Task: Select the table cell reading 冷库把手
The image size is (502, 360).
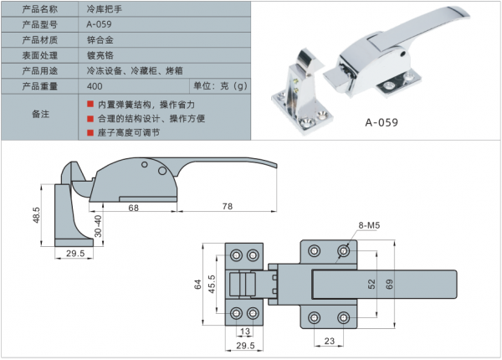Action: (104, 8)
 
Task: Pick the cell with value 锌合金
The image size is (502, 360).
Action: (100, 39)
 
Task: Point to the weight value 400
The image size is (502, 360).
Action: (94, 86)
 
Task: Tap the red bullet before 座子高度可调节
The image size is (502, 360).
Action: (90, 132)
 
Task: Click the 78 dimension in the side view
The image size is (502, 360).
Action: (227, 207)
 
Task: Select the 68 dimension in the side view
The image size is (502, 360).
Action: (134, 207)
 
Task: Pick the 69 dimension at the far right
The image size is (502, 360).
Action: (390, 285)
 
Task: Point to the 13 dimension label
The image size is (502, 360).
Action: (245, 332)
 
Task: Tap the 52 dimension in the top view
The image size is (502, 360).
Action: (371, 285)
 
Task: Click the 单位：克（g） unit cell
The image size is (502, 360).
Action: (221, 86)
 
